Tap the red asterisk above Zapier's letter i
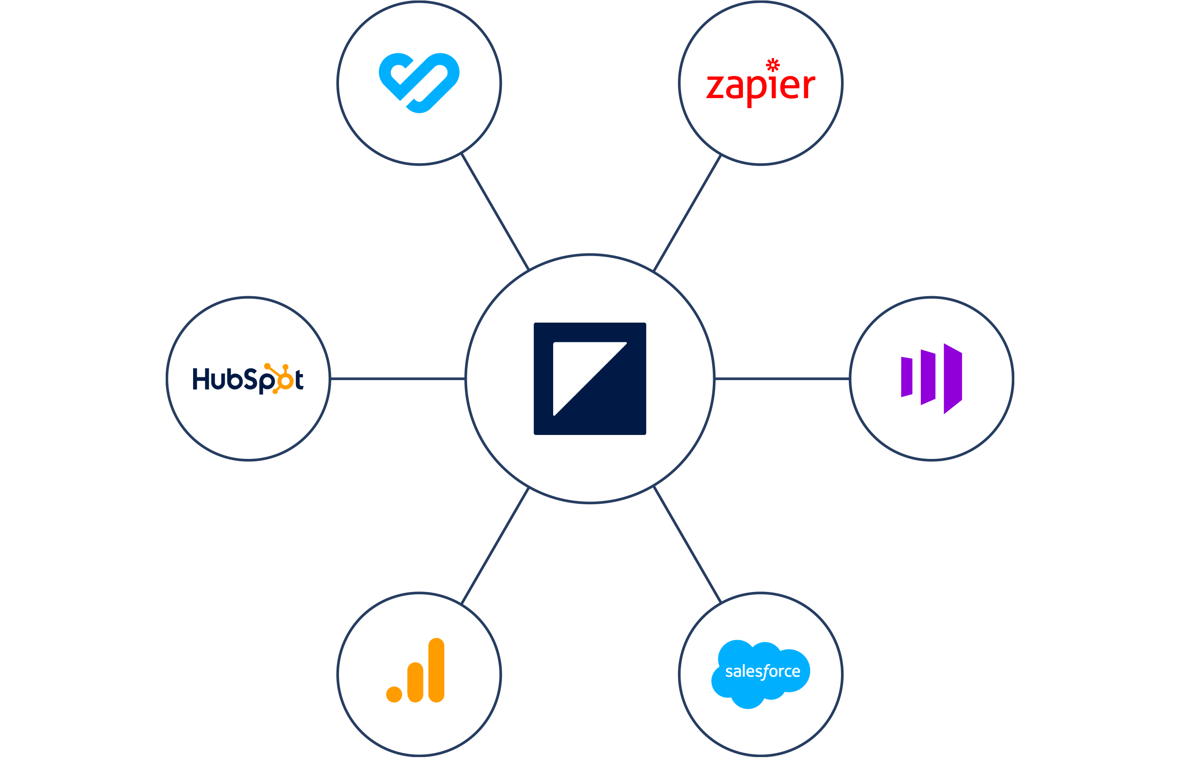click(773, 65)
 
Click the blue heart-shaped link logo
click(419, 82)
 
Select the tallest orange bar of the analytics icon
click(436, 670)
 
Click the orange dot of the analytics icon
click(394, 694)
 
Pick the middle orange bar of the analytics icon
click(415, 682)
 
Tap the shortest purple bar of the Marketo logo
click(906, 377)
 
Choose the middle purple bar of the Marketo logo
click(928, 377)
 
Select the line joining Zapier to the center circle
click(687, 213)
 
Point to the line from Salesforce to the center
click(687, 545)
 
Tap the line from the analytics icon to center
click(495, 546)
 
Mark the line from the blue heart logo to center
click(495, 212)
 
